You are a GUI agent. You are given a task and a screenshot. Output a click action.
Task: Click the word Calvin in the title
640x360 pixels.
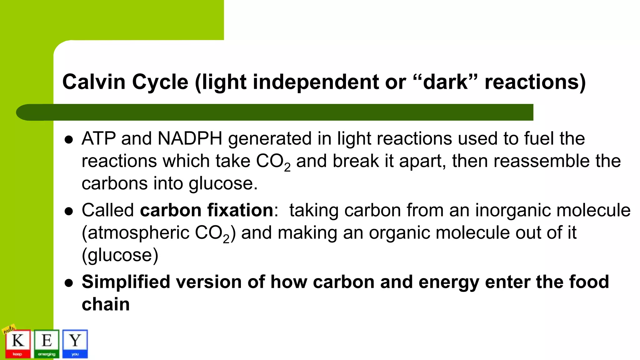coord(94,82)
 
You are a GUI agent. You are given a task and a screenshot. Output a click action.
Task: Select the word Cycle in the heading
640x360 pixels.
coord(160,82)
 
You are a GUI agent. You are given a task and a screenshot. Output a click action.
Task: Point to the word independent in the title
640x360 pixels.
coord(315,82)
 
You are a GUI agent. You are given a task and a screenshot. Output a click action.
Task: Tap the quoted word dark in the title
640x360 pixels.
coord(445,82)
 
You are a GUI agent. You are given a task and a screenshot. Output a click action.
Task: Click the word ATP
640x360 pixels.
coord(98,138)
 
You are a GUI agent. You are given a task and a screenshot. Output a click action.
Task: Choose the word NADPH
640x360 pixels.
coord(190,138)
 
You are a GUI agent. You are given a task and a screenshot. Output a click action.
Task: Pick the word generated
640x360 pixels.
coord(270,139)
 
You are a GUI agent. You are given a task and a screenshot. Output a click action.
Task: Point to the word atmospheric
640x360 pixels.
coord(138,233)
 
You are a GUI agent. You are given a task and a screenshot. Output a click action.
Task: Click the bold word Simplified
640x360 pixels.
coord(126,282)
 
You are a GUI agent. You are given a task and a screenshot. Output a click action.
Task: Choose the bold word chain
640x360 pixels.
coord(106,304)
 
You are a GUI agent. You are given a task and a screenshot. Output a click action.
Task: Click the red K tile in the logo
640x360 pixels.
coord(18,343)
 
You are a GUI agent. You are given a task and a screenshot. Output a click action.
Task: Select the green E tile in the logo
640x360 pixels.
coord(47,343)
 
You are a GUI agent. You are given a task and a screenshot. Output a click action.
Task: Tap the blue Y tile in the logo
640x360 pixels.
coord(75,343)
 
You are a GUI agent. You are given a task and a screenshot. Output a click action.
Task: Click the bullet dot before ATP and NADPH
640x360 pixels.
coord(68,140)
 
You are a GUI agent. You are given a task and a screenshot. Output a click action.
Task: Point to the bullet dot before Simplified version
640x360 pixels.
coord(68,283)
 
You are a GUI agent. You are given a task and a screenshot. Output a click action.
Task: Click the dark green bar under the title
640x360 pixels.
coord(281,112)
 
